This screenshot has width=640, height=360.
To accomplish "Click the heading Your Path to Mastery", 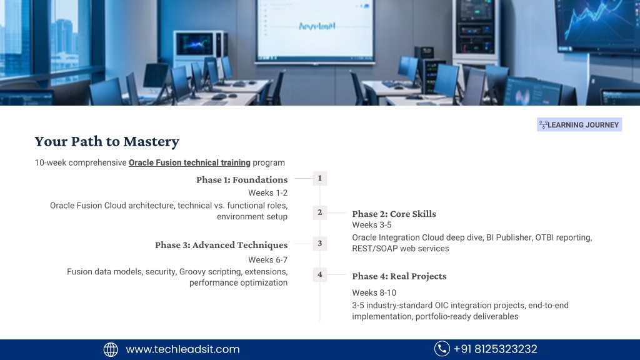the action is click(107, 141).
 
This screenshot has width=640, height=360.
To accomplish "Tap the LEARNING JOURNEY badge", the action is click(579, 125).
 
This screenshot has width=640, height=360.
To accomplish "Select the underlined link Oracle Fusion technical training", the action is click(189, 162).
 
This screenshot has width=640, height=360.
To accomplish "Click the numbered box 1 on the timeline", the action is click(320, 178).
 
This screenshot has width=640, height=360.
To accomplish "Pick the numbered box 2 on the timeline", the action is click(320, 212).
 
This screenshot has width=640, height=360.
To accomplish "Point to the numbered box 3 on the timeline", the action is click(320, 244).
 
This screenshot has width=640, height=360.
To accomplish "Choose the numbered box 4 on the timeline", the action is click(320, 275).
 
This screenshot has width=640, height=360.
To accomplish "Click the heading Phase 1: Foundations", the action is click(242, 179).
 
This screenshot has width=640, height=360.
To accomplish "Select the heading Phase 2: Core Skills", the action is click(394, 214).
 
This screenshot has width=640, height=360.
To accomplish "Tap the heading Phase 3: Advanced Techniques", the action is click(221, 245).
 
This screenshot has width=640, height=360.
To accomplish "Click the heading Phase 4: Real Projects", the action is click(399, 276).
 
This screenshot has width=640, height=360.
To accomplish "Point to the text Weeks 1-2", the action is click(267, 192).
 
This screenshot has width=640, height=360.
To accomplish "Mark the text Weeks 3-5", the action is click(372, 225).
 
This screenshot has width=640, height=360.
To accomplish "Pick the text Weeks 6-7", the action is click(267, 259).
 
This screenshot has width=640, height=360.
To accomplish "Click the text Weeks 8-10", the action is click(374, 292).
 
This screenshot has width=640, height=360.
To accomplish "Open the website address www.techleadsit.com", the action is click(183, 349).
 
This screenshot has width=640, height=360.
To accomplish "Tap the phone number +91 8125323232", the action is click(496, 349).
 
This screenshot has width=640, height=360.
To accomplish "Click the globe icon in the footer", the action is click(111, 349).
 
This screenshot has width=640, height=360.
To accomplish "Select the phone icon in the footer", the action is click(442, 349).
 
